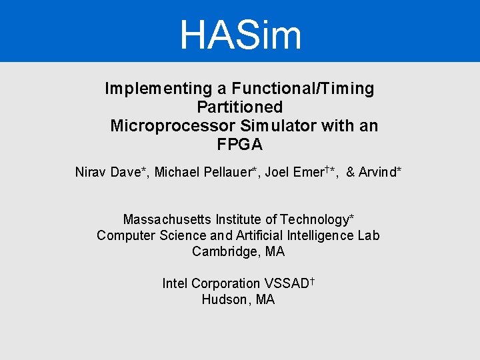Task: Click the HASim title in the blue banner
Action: [240, 35]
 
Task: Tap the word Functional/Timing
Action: [303, 88]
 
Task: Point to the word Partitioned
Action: [240, 107]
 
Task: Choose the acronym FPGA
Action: [240, 144]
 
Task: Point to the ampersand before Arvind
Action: [351, 172]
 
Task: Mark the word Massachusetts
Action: [167, 219]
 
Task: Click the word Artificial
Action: [256, 235]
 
